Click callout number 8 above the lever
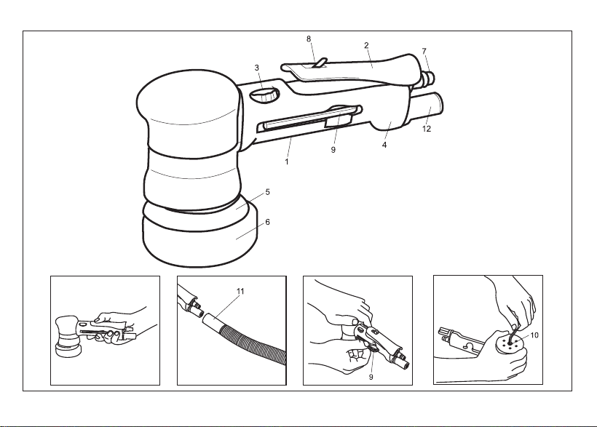[309, 39]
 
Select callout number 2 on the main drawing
[366, 45]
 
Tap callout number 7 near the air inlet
[424, 51]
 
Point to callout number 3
[257, 68]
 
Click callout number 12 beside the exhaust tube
[427, 129]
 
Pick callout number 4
[384, 145]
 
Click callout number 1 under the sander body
[287, 161]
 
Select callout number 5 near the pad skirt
[268, 192]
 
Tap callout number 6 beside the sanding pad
[268, 222]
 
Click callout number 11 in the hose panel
[240, 291]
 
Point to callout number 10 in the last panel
[534, 335]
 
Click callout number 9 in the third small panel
[371, 377]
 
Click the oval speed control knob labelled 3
[264, 95]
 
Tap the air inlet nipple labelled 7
[429, 76]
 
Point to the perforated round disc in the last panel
[510, 343]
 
